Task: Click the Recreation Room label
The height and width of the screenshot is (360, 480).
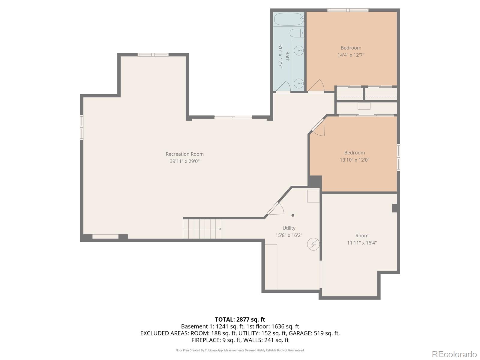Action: (184, 154)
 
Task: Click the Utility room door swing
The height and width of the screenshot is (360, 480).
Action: (276, 209)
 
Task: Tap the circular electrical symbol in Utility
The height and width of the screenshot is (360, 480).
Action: (313, 244)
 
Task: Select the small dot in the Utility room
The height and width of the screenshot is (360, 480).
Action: (293, 215)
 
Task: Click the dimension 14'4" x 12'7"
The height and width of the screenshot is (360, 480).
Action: (351, 55)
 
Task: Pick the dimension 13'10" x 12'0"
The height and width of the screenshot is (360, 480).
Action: (354, 160)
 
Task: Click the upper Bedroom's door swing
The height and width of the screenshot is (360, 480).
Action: (316, 86)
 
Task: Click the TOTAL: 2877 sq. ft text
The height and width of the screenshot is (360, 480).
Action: (240, 319)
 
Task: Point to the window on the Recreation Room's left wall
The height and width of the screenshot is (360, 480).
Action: (82, 127)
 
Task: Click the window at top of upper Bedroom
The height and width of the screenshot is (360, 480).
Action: (348, 10)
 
